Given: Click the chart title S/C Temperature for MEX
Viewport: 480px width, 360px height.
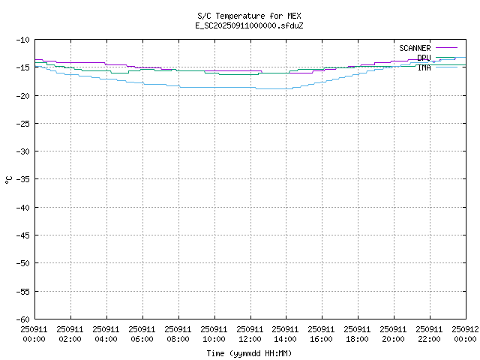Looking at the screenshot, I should coord(248,16).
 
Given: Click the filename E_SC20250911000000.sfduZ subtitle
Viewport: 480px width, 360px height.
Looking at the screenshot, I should coord(248,25).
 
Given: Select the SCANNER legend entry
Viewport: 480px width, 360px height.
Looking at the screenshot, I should coord(415,48).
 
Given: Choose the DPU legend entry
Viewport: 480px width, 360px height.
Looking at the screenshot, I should coord(424,58).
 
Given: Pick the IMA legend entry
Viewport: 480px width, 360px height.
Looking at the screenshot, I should coord(424,67).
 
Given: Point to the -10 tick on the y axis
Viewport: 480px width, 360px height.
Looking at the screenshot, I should coord(22,40).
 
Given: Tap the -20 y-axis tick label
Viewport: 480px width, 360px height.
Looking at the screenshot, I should coord(22,95).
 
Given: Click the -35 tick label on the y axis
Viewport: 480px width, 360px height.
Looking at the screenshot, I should coord(22,179).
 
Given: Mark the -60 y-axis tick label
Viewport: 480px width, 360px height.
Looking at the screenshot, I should coord(22,319).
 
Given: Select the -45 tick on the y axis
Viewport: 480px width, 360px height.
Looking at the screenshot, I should coord(22,235).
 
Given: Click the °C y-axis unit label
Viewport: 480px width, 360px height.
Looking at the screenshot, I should coord(8,179).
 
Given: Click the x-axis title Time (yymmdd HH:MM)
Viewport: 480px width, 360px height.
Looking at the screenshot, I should coord(248,353).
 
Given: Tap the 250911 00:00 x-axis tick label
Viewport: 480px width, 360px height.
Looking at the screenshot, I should coord(34,334).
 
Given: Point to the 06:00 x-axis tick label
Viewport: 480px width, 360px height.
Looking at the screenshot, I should coord(142,334).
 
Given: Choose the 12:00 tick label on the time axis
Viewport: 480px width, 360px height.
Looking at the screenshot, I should coord(250,334).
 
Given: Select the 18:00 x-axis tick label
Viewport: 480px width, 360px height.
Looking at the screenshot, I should coord(358,334).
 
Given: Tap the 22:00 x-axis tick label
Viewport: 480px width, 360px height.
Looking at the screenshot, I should coord(430,334).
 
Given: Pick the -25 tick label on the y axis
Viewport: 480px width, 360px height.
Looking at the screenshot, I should coord(22,123).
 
